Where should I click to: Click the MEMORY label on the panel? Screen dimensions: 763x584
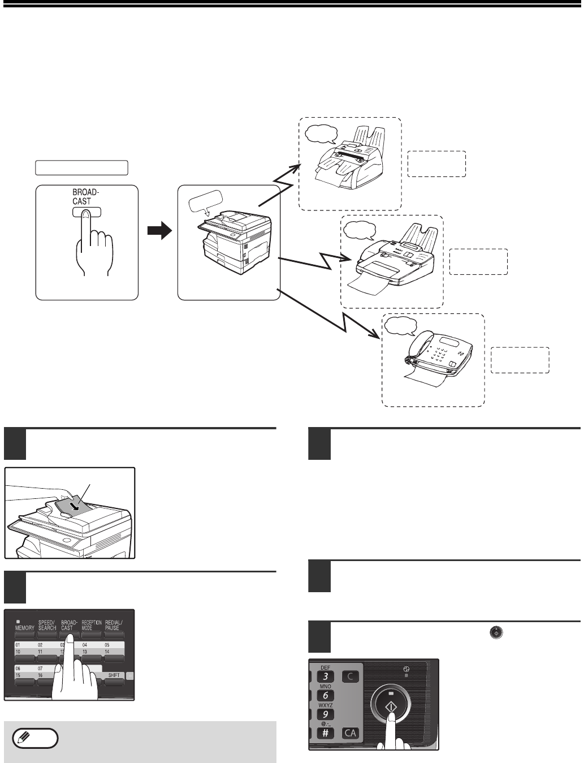click(x=24, y=627)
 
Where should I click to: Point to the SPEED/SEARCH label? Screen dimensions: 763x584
click(x=47, y=625)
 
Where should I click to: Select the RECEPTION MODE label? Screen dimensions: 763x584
click(x=92, y=625)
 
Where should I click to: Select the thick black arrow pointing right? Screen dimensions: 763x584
click(x=159, y=231)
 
